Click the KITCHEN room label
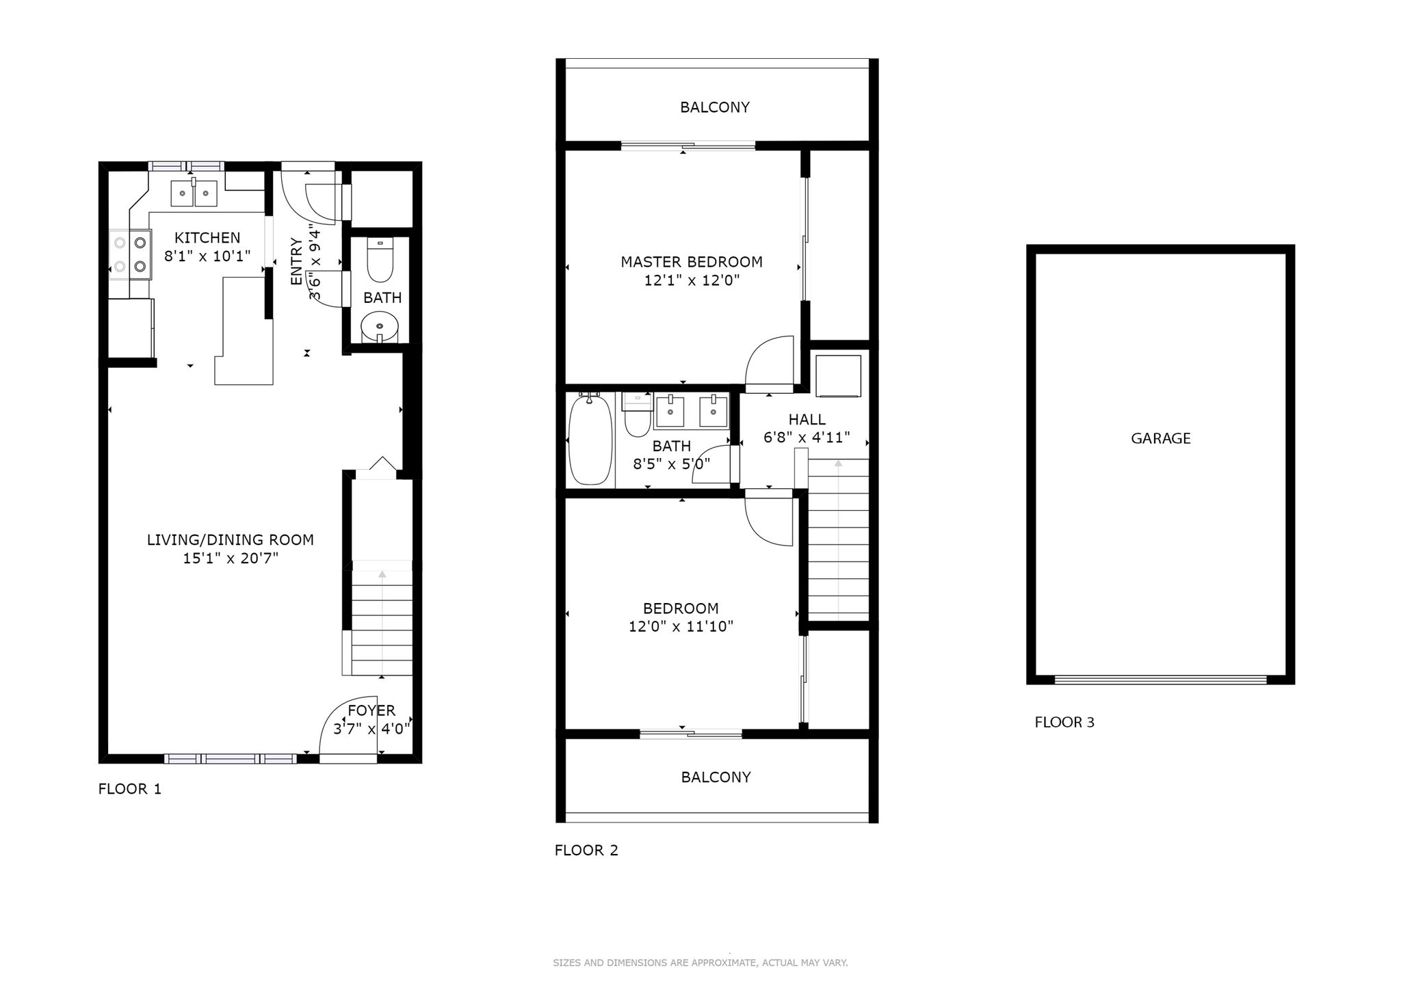(207, 238)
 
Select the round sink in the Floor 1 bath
(380, 327)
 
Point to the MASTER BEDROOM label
(692, 262)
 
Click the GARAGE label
(1161, 439)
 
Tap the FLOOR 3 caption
(1064, 723)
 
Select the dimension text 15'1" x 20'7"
(231, 559)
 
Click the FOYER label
(371, 710)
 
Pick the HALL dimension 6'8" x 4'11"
(807, 438)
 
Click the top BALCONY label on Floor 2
(715, 107)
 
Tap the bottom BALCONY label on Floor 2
(716, 777)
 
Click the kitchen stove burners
(131, 254)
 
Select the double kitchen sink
(194, 193)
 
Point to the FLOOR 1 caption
(130, 790)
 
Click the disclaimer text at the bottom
(700, 963)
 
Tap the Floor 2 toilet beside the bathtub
(637, 415)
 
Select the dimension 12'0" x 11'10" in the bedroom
(681, 627)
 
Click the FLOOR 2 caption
(586, 851)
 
